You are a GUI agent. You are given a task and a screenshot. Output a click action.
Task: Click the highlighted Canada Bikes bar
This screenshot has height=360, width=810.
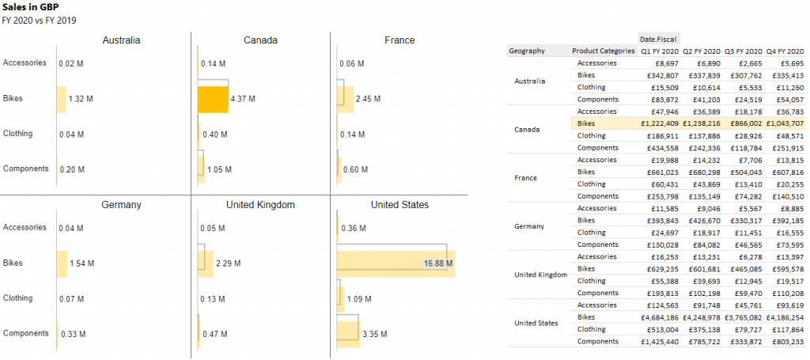(x=212, y=99)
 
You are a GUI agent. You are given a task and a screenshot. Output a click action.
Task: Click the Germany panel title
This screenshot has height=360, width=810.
(x=121, y=205)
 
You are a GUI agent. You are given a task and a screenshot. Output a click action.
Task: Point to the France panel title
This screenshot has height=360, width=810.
(x=399, y=40)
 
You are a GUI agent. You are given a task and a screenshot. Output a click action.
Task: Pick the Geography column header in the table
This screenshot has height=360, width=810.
(x=528, y=51)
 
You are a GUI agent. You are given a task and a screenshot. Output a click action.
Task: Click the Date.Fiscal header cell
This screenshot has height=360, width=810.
(x=658, y=38)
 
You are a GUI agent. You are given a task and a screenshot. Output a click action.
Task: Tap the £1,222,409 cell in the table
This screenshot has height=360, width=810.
(x=659, y=123)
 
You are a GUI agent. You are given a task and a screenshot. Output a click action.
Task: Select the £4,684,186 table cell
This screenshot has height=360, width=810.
(x=659, y=317)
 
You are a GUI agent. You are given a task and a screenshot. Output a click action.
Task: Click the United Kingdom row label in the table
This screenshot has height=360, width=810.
(x=540, y=275)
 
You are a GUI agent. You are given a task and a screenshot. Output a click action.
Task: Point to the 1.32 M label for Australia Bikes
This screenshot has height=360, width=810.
(x=81, y=100)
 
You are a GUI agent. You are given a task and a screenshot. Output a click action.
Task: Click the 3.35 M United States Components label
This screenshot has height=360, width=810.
(x=375, y=334)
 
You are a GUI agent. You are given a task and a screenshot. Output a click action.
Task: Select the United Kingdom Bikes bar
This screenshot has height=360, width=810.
(x=206, y=263)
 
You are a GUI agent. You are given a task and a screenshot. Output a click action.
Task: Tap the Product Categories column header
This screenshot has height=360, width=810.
(x=604, y=51)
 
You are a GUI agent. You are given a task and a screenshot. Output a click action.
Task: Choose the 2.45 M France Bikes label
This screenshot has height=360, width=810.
(x=368, y=100)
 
